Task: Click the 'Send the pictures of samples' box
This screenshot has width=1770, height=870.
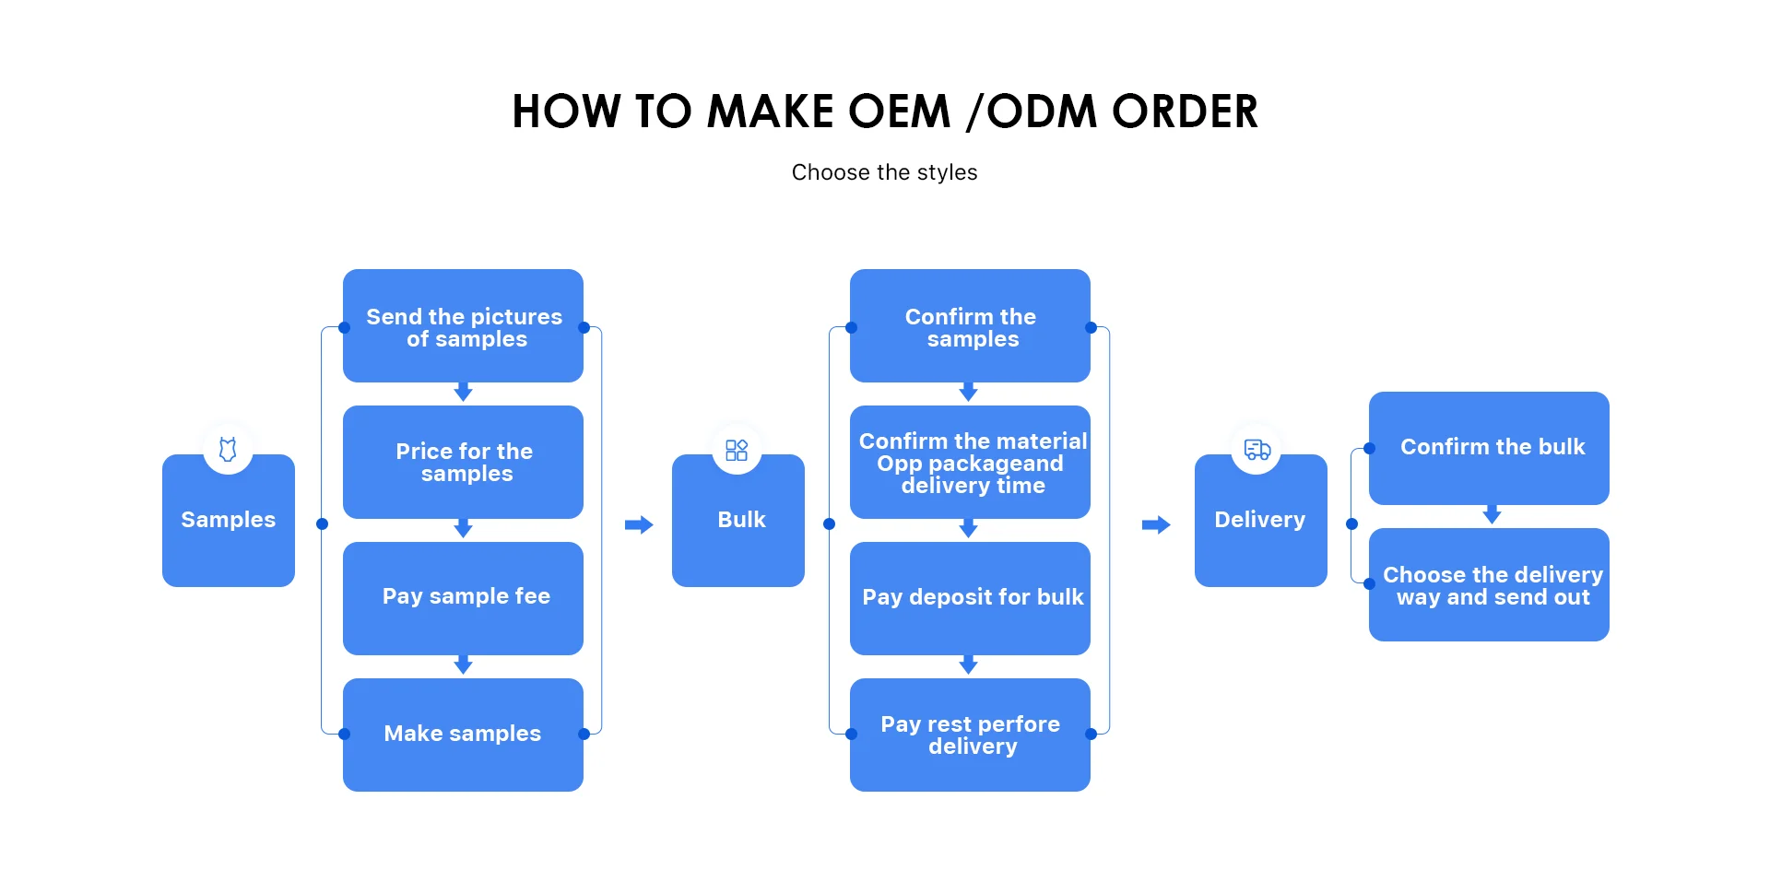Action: pyautogui.click(x=463, y=326)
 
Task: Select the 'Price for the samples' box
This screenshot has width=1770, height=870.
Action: pyautogui.click(x=463, y=462)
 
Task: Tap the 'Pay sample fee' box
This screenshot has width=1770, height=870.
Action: pyautogui.click(x=463, y=597)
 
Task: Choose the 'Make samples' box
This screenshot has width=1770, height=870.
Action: pyautogui.click(x=463, y=734)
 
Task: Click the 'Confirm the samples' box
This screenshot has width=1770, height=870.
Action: pyautogui.click(x=970, y=326)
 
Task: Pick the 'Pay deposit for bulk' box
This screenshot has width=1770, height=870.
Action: pyautogui.click(x=970, y=597)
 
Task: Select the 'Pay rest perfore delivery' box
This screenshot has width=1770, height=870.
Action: pyautogui.click(x=970, y=735)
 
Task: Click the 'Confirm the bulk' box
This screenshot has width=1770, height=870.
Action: pyautogui.click(x=1489, y=448)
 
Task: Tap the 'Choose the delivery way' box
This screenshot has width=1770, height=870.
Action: pyautogui.click(x=1489, y=584)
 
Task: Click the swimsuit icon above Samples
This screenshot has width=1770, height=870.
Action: pyautogui.click(x=228, y=450)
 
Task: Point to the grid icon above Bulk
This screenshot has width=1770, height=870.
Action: pyautogui.click(x=737, y=450)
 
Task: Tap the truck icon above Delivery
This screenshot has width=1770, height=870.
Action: pyautogui.click(x=1257, y=450)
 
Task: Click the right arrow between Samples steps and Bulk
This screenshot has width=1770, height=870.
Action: pyautogui.click(x=639, y=524)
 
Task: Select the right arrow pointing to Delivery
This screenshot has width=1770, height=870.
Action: pyautogui.click(x=1156, y=524)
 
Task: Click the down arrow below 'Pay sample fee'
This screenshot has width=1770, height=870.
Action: pyautogui.click(x=464, y=664)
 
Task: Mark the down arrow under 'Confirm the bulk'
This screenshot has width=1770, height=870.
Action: pyautogui.click(x=1492, y=515)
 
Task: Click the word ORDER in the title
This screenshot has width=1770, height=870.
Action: pyautogui.click(x=1185, y=112)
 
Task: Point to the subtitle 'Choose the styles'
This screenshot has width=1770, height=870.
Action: pyautogui.click(x=884, y=172)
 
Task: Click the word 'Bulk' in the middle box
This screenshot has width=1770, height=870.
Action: pyautogui.click(x=741, y=520)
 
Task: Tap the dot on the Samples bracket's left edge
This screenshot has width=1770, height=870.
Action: pyautogui.click(x=322, y=523)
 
